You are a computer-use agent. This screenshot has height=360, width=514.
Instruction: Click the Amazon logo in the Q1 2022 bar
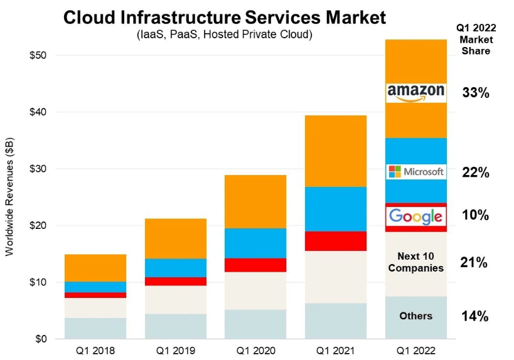pyautogui.click(x=416, y=92)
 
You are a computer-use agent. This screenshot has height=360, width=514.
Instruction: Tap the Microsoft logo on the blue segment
pyautogui.click(x=416, y=171)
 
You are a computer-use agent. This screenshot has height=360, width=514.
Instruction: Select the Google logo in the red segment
pyautogui.click(x=416, y=217)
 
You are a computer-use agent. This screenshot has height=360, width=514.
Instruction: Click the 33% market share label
pyautogui.click(x=475, y=93)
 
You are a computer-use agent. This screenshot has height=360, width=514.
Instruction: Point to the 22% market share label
pyautogui.click(x=475, y=172)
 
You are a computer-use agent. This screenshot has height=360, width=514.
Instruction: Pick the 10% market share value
pyautogui.click(x=475, y=215)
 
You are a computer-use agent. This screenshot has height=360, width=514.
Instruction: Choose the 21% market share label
pyautogui.click(x=475, y=263)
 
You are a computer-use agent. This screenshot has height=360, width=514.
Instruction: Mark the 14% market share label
pyautogui.click(x=475, y=316)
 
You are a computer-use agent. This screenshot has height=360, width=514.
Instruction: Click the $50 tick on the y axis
pyautogui.click(x=39, y=56)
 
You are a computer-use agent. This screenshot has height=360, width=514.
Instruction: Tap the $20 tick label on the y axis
pyautogui.click(x=39, y=226)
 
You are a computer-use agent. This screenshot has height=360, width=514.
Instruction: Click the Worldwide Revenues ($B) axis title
pyautogui.click(x=9, y=198)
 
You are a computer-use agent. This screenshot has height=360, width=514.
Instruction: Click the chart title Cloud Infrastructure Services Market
pyautogui.click(x=224, y=18)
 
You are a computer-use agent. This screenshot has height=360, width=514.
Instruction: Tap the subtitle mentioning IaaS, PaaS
pyautogui.click(x=224, y=34)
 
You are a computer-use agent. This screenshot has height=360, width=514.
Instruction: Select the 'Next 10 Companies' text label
pyautogui.click(x=415, y=262)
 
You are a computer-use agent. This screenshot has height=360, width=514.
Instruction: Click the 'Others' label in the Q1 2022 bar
pyautogui.click(x=415, y=315)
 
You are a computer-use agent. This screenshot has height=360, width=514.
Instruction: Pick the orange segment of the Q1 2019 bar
pyautogui.click(x=176, y=238)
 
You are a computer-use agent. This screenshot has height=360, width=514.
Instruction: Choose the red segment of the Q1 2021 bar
pyautogui.click(x=336, y=241)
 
